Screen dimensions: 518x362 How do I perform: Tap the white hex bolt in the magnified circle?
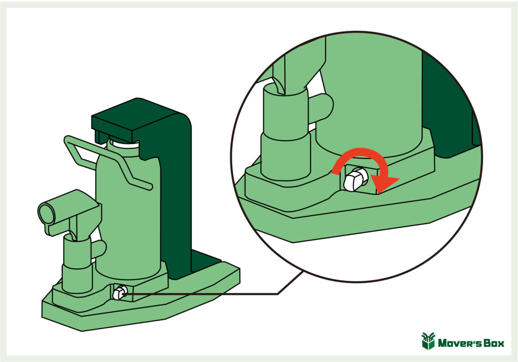[356, 179]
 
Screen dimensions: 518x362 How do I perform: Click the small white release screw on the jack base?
[119, 292]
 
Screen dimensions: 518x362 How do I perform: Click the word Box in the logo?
[494, 343]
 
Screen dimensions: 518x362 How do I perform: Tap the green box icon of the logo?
[428, 341]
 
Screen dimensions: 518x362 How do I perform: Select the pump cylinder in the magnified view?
[285, 132]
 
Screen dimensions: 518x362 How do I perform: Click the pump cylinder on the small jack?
[77, 264]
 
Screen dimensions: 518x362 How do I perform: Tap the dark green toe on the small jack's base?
[205, 261]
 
